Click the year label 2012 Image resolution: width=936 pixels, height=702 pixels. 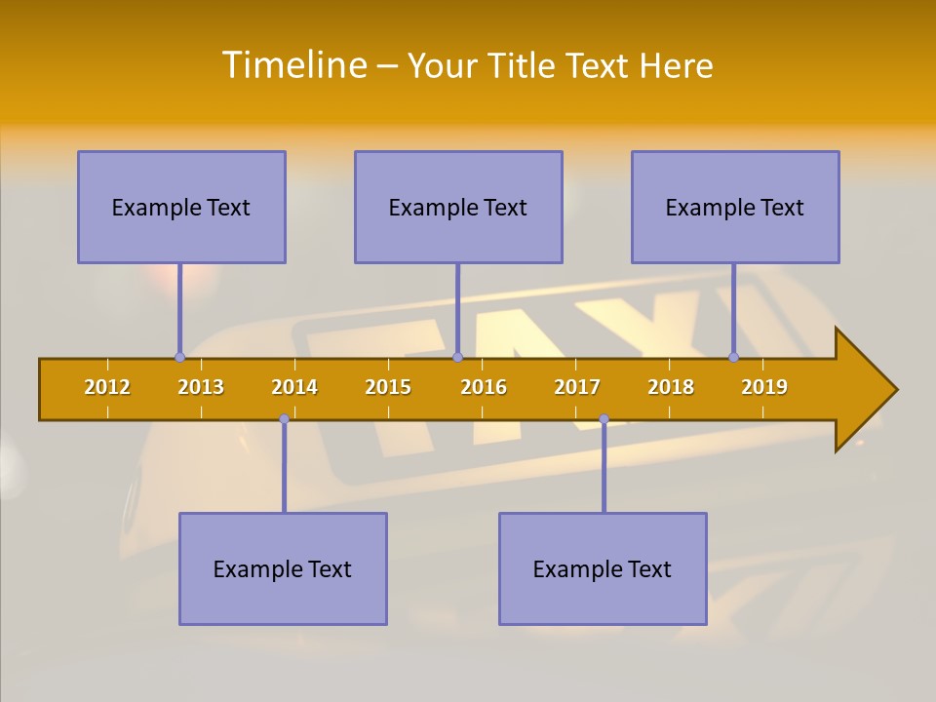(107, 387)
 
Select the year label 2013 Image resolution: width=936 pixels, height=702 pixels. (201, 387)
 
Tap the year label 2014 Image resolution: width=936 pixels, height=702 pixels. (294, 387)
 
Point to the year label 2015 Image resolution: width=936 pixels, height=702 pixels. (388, 387)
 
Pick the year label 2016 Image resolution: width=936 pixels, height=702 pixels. (484, 387)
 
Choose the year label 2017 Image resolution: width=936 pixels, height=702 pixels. (577, 387)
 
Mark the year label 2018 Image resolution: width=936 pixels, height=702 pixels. (671, 387)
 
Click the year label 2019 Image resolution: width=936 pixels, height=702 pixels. (764, 387)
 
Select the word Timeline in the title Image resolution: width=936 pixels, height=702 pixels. (293, 65)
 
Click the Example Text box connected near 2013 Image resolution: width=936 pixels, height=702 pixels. (181, 207)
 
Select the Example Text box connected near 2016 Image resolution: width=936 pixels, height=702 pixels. (458, 207)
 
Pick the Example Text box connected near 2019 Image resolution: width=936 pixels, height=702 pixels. (735, 207)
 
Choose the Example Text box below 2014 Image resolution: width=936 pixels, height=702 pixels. (283, 568)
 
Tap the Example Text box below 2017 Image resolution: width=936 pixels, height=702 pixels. (603, 568)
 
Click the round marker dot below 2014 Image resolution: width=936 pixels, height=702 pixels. (284, 419)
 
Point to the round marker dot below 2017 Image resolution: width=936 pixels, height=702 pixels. (604, 419)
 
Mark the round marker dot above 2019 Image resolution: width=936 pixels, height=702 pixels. (733, 357)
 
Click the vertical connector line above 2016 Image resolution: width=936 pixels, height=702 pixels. (457, 310)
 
